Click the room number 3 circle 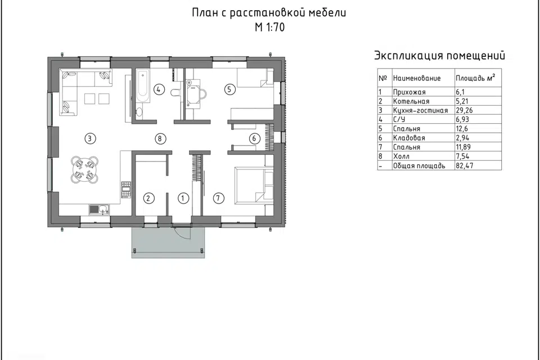pyautogui.click(x=88, y=138)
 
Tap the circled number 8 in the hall pyautogui.click(x=160, y=138)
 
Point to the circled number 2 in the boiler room pyautogui.click(x=148, y=198)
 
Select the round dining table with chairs pyautogui.click(x=84, y=170)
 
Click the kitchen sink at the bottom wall pyautogui.click(x=100, y=210)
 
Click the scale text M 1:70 pyautogui.click(x=269, y=29)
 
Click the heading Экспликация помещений pyautogui.click(x=439, y=56)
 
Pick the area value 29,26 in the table pyautogui.click(x=465, y=110)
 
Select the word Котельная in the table pyautogui.click(x=411, y=101)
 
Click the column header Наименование pyautogui.click(x=416, y=78)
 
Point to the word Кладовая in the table pyautogui.click(x=409, y=138)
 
